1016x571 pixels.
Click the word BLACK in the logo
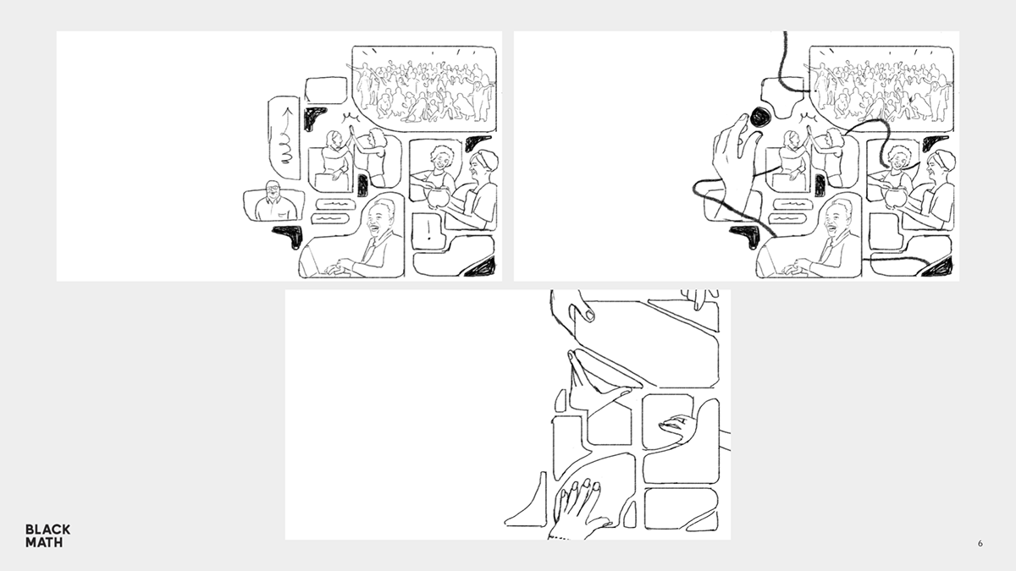pos(47,530)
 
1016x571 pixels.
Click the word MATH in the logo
pos(44,542)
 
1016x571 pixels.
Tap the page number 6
pos(980,543)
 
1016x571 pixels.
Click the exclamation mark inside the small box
pos(428,230)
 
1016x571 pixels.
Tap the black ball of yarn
pos(760,118)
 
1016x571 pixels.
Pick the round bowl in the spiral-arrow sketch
pos(437,197)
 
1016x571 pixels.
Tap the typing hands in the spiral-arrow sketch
pos(340,267)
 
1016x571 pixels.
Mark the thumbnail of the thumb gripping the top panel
pos(589,315)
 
